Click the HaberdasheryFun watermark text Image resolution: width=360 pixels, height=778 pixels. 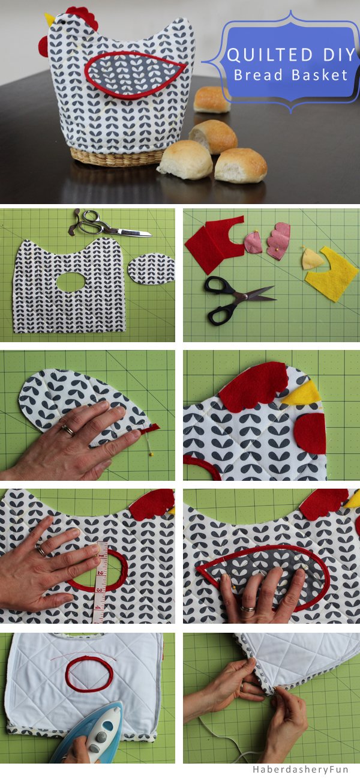(x=300, y=769)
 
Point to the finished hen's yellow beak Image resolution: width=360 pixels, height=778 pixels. (x=50, y=19)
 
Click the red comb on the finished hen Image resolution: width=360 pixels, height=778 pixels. (x=83, y=17)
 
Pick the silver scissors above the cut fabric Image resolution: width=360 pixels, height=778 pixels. (x=107, y=225)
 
